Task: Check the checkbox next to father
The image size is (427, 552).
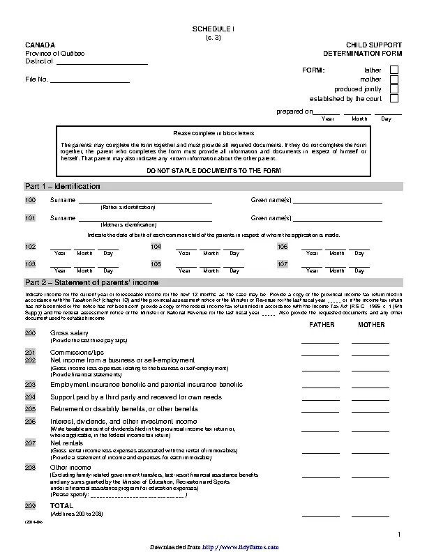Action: (394, 70)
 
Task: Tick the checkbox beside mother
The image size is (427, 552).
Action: (394, 79)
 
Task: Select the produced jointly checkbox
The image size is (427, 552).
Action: (394, 89)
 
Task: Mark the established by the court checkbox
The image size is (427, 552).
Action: (394, 99)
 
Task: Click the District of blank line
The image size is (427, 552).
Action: (102, 63)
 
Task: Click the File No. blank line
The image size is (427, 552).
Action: (91, 81)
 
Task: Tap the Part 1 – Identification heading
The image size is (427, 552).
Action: (63, 187)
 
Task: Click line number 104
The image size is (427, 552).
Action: (156, 247)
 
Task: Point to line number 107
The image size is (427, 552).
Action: (283, 265)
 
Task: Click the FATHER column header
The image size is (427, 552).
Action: (320, 325)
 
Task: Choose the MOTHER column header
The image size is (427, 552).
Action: (370, 325)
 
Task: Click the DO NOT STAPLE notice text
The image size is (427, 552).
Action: (214, 171)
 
